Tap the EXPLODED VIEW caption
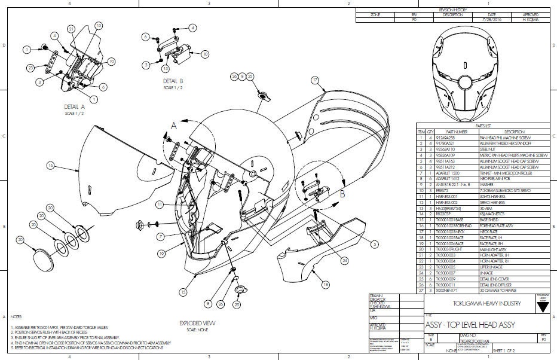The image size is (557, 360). [197, 323]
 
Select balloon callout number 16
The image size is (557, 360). [51, 165]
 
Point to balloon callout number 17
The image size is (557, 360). [315, 80]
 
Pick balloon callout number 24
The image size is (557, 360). [345, 260]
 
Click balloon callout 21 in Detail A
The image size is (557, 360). [71, 29]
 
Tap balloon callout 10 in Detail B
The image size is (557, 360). [205, 53]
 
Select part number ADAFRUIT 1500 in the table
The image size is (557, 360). [448, 173]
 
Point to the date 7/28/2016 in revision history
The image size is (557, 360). [491, 19]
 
